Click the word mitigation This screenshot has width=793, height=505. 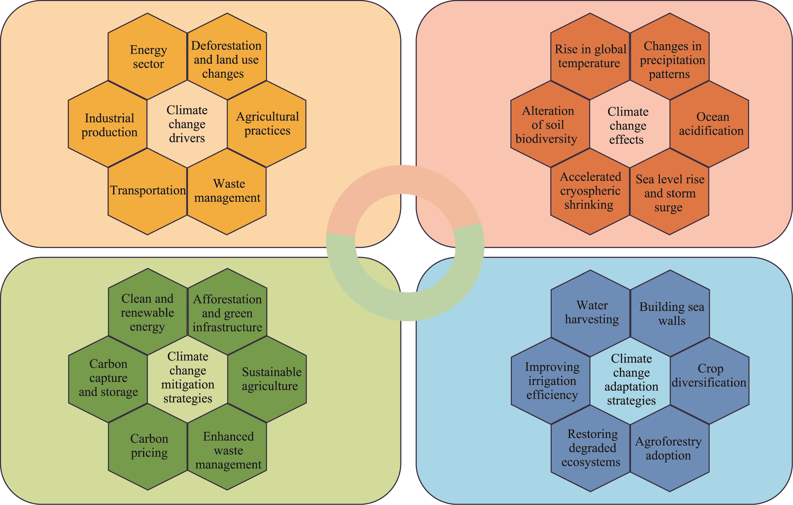pyautogui.click(x=188, y=385)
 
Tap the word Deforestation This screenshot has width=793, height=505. pyautogui.click(x=226, y=46)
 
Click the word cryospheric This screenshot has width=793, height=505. pyautogui.click(x=590, y=191)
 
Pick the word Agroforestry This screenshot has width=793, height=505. pyautogui.click(x=668, y=442)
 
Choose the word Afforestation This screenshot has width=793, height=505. pyautogui.click(x=227, y=299)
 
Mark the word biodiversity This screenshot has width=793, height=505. pyautogui.click(x=546, y=139)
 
